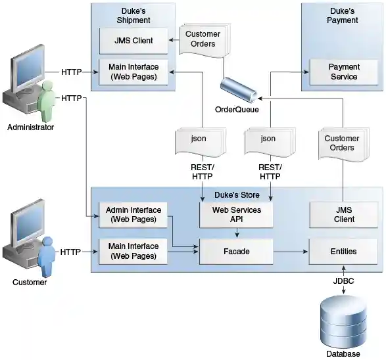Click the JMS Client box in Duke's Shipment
coord(133,41)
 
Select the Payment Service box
coord(343,72)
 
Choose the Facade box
coord(235,251)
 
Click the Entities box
coord(343,251)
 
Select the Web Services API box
coord(235,215)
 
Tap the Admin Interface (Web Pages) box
coord(133,215)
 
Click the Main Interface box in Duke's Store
coord(133,251)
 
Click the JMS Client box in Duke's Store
coord(343,215)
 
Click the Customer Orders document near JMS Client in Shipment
coord(203,39)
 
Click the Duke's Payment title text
coord(343,15)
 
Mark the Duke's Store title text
coord(237,195)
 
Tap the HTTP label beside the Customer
coord(71,252)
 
